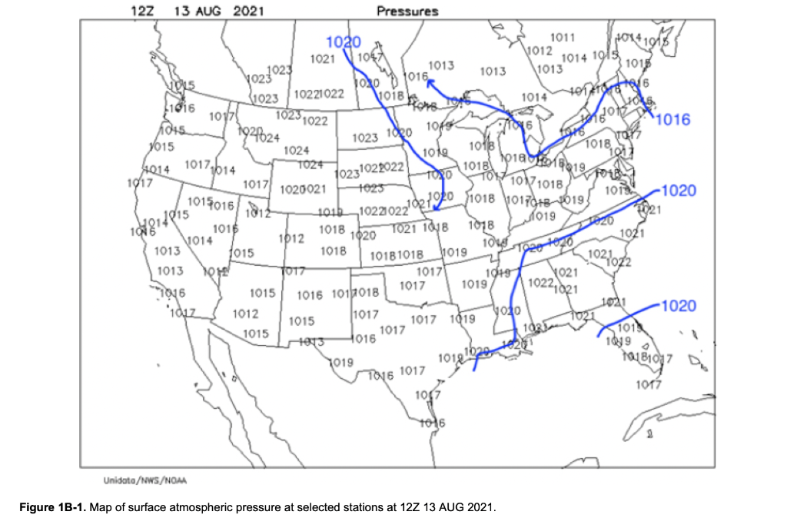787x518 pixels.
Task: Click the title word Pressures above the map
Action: (407, 11)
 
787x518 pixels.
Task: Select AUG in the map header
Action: (207, 11)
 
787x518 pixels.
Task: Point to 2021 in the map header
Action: (250, 11)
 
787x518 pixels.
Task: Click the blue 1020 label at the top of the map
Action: (344, 42)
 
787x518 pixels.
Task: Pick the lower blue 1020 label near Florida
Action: (678, 306)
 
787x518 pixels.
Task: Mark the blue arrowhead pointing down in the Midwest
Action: (435, 207)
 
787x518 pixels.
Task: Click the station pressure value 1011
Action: (563, 38)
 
